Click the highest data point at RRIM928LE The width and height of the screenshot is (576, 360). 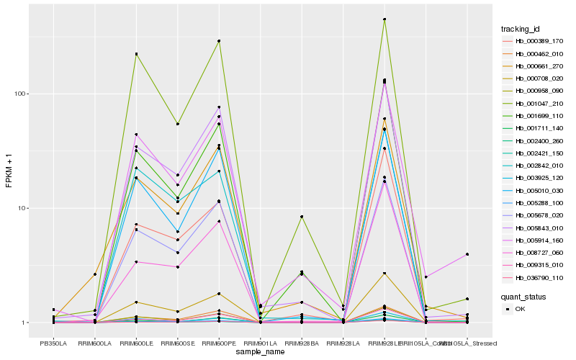tap(384, 19)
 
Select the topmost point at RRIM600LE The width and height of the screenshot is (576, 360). tap(136, 54)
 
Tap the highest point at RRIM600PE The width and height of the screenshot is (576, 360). tap(219, 41)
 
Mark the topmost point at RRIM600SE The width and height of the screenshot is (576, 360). tap(177, 124)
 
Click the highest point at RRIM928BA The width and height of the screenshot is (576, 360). tap(302, 217)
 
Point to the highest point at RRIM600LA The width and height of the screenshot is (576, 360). tap(94, 274)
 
